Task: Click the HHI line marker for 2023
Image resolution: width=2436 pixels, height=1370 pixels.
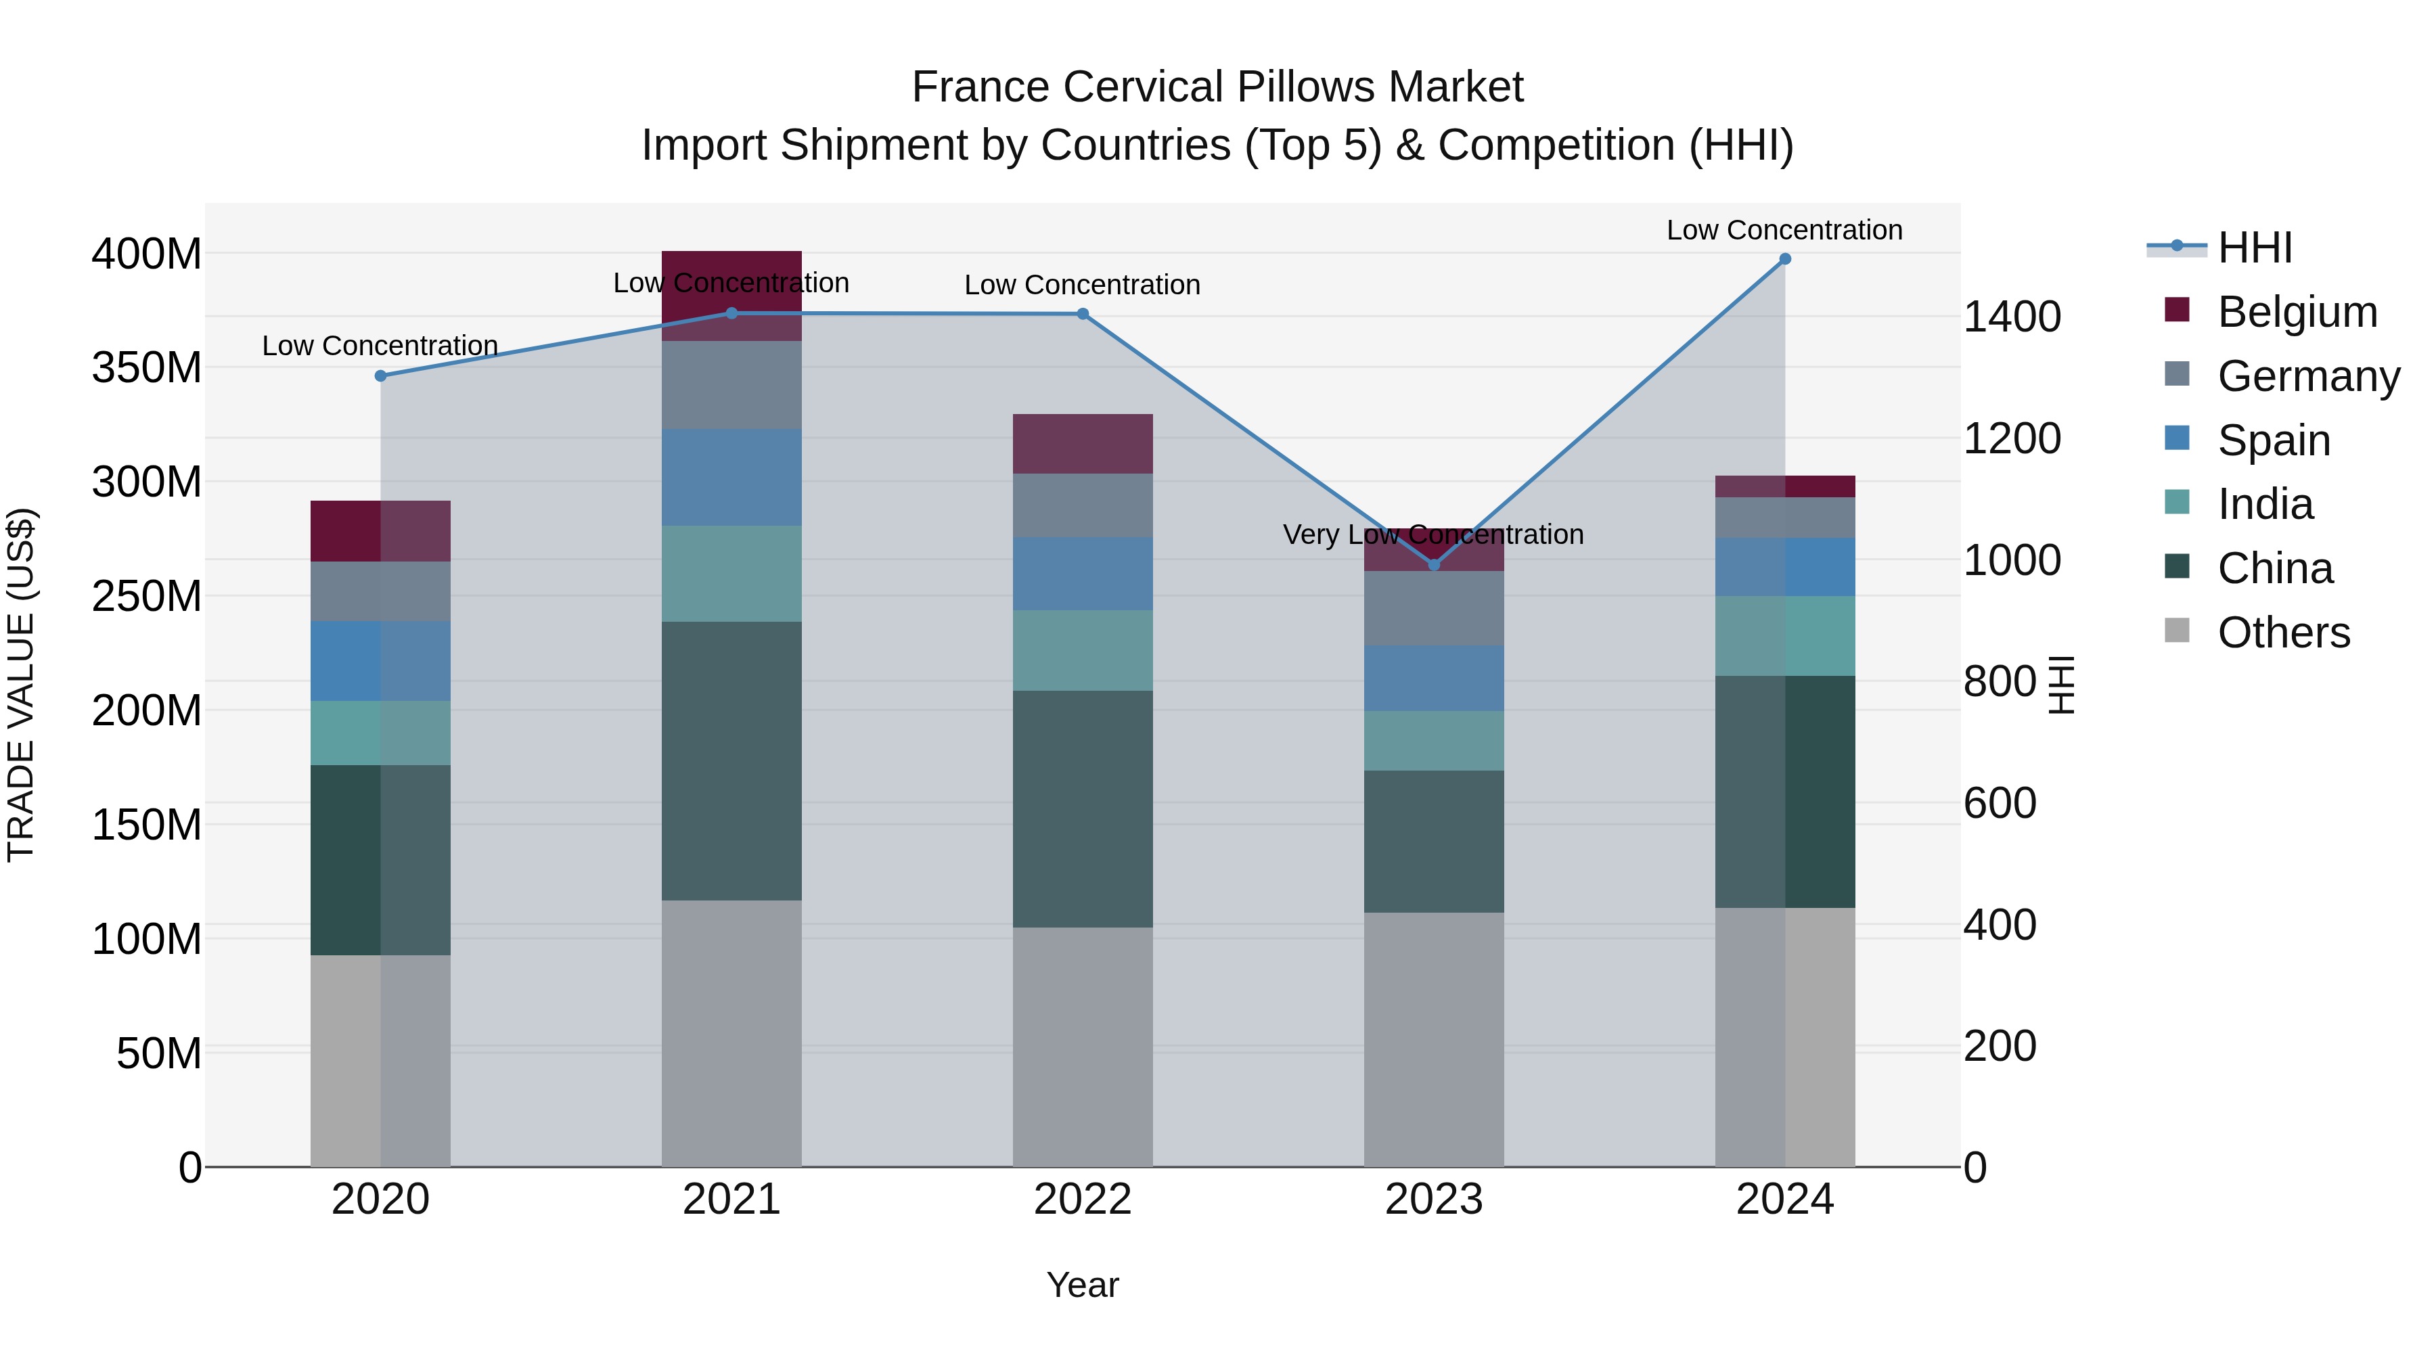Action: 1434,564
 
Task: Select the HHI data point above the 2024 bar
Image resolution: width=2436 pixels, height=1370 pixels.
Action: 1784,259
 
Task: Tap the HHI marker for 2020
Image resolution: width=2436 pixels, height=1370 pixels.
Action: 380,375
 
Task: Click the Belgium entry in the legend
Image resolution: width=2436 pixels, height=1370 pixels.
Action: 2296,312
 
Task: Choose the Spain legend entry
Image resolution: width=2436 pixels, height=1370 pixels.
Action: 2274,440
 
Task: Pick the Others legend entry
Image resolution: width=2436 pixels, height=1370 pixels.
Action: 2283,633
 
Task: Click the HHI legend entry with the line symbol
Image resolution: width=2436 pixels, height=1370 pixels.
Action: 2255,248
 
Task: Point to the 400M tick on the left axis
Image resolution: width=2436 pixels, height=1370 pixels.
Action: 147,254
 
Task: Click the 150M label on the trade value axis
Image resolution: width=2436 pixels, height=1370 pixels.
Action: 147,825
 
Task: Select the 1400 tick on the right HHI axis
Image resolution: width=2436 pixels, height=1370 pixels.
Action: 2012,316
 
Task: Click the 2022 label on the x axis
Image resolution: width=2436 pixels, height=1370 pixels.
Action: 1082,1200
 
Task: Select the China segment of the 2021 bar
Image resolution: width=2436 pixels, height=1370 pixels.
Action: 731,761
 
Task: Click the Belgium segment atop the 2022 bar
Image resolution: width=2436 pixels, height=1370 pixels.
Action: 1082,443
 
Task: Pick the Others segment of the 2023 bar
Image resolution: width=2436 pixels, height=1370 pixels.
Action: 1434,1039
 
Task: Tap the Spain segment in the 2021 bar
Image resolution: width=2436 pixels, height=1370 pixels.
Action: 731,476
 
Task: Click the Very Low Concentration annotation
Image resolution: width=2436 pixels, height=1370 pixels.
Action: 1433,535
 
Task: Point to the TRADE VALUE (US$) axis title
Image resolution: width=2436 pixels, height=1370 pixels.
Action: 21,685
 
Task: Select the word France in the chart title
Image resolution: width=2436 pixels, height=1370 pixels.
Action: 980,87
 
